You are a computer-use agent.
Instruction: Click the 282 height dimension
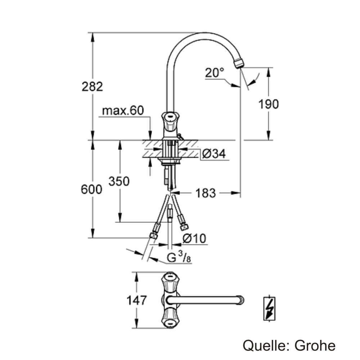point(92,86)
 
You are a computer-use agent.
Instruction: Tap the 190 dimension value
point(268,104)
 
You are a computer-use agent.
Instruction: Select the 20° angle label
point(215,73)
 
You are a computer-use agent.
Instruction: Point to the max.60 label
point(123,111)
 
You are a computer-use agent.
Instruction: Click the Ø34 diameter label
point(213,154)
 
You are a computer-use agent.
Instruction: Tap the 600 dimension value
point(91,189)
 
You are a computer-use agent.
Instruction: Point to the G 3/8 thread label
point(179,258)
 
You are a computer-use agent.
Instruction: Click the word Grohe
point(315,346)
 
